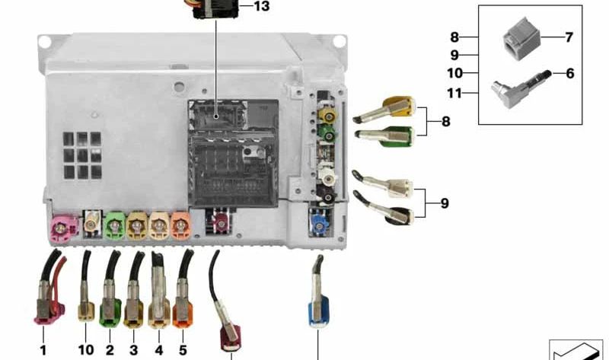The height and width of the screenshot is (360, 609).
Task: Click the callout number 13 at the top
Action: [261, 6]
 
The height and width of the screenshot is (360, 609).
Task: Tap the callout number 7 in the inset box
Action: [569, 37]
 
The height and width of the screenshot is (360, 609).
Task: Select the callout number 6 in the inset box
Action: [569, 73]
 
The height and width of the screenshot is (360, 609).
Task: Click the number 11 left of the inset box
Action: [454, 93]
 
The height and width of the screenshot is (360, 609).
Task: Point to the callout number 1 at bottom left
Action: [43, 350]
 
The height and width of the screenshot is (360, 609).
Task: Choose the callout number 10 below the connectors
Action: [86, 350]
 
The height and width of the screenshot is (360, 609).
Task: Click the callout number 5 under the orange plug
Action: [183, 350]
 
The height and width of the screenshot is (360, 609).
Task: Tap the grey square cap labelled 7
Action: [521, 39]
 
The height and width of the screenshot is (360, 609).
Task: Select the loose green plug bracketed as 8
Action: [384, 137]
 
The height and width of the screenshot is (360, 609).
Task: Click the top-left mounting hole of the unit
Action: [45, 42]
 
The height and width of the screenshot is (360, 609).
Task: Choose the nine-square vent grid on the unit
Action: [82, 155]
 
